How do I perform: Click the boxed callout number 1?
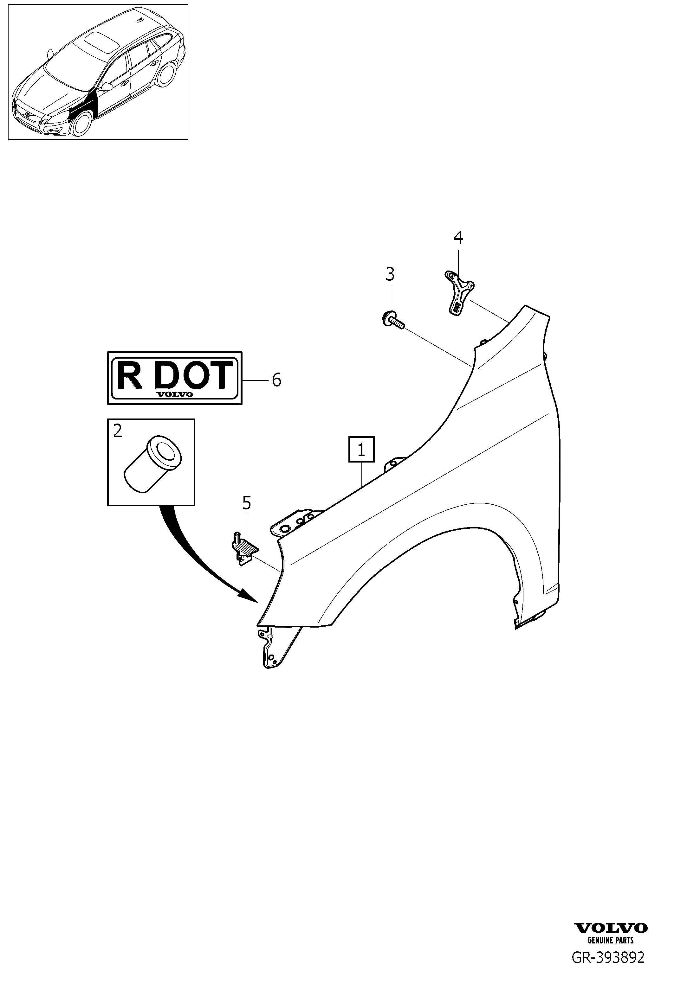click(x=361, y=449)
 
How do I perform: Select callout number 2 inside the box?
click(x=117, y=431)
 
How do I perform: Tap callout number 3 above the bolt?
click(x=390, y=274)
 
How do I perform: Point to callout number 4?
click(x=458, y=238)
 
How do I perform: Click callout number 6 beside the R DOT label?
click(x=276, y=380)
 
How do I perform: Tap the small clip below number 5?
click(x=245, y=549)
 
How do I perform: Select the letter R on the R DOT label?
click(x=129, y=375)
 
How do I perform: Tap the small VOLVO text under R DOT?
click(x=175, y=394)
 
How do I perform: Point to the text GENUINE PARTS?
click(x=611, y=940)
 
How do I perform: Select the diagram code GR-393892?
click(x=608, y=958)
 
